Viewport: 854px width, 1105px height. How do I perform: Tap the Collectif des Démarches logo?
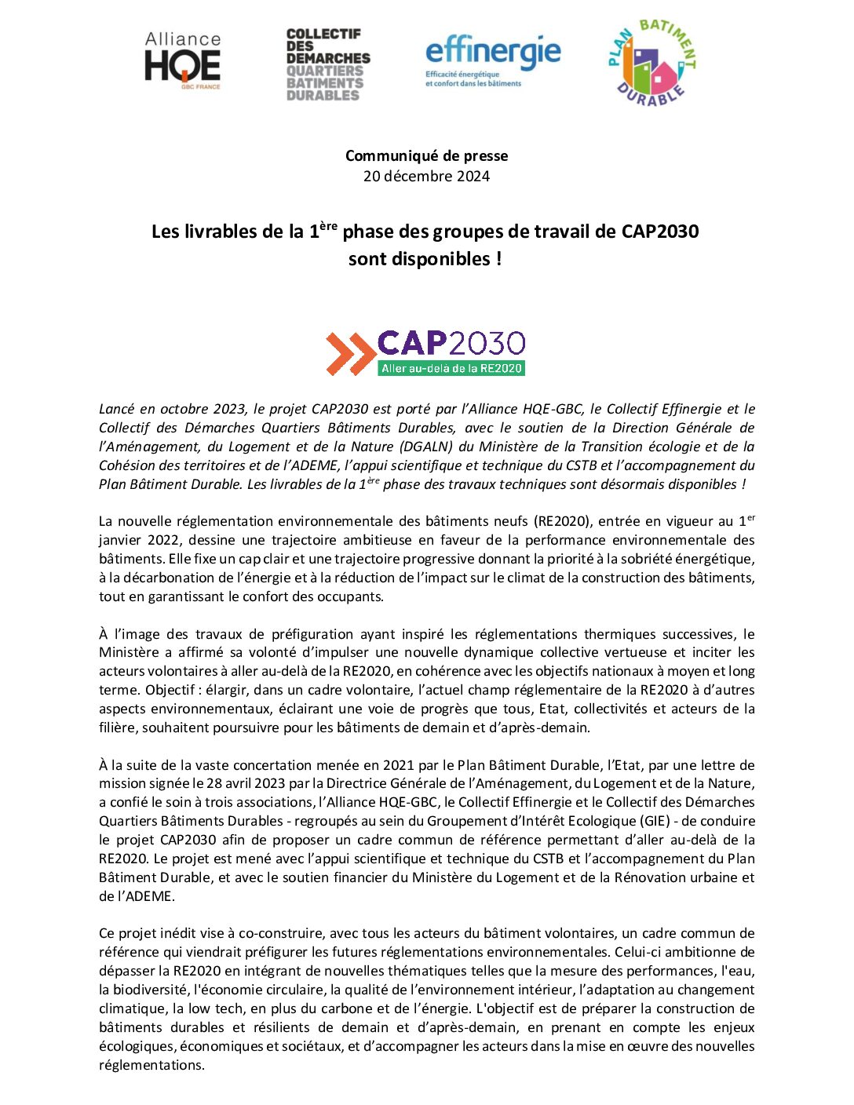coord(328,64)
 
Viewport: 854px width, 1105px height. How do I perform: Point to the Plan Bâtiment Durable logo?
coord(651,63)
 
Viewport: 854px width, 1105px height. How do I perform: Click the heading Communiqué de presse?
coord(426,155)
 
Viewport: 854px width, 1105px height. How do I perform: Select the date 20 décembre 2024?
coord(426,176)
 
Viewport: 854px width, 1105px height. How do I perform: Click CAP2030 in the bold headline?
coord(659,232)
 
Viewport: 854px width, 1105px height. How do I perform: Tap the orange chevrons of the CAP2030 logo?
coord(350,353)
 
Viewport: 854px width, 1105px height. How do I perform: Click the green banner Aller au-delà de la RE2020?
coord(451,368)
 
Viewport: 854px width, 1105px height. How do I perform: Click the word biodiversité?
coord(150,990)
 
